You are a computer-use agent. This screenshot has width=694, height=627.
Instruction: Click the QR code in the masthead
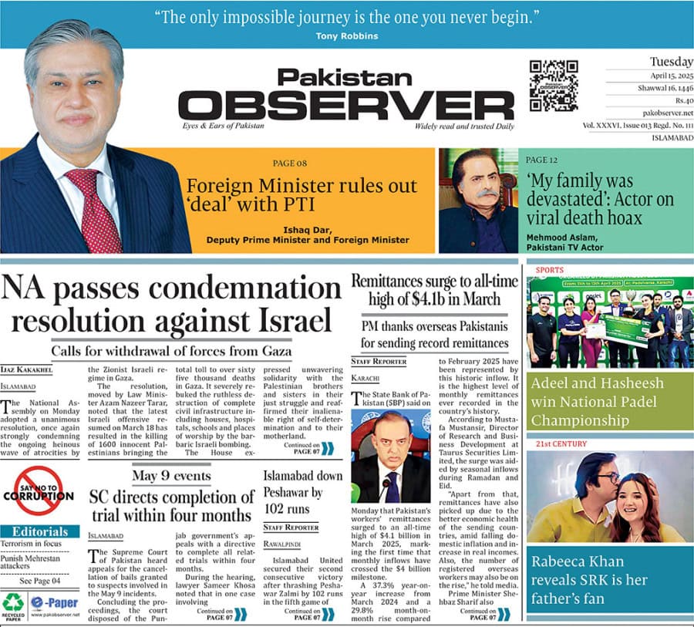click(x=553, y=85)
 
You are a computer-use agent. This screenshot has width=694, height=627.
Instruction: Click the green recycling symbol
click(x=13, y=602)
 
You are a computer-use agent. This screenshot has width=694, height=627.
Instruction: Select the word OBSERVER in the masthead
click(x=345, y=106)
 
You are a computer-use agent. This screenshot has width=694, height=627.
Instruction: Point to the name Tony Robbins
click(x=346, y=36)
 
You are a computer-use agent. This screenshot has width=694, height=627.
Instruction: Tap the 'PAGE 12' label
click(x=541, y=160)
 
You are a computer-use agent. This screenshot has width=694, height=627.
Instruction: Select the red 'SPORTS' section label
click(x=544, y=271)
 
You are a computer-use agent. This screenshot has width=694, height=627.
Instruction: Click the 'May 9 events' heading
click(x=170, y=476)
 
